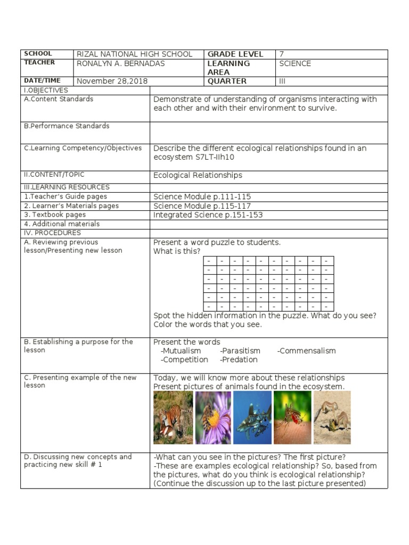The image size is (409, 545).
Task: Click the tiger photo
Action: click(173, 418)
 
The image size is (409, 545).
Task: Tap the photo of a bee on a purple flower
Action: click(213, 418)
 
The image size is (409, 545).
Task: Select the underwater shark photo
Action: click(252, 418)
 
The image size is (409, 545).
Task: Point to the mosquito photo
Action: click(292, 418)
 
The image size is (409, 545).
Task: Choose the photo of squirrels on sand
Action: click(332, 418)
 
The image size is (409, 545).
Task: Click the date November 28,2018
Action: click(112, 81)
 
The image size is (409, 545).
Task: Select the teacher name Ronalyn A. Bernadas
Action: click(121, 63)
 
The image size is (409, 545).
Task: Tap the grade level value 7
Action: click(281, 54)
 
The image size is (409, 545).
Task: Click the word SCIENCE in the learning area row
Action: click(295, 63)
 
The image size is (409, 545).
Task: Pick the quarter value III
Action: click(283, 81)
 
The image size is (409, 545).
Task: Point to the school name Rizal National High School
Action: click(135, 54)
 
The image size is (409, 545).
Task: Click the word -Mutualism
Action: click(181, 351)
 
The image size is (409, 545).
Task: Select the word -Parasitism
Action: click(240, 351)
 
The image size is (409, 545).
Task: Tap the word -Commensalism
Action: click(307, 351)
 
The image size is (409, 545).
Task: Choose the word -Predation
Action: click(239, 360)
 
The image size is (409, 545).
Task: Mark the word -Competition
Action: click(184, 360)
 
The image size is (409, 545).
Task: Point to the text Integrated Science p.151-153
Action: click(208, 215)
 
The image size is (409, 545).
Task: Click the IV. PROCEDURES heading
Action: click(52, 233)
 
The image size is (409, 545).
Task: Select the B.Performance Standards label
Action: click(67, 126)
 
